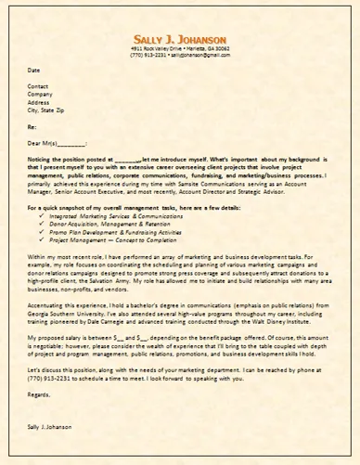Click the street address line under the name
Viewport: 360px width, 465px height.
pyautogui.click(x=178, y=47)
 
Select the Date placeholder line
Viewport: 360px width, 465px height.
pyautogui.click(x=34, y=70)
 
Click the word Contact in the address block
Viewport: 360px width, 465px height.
pyautogui.click(x=38, y=85)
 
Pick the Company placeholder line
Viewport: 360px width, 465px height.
pyautogui.click(x=40, y=94)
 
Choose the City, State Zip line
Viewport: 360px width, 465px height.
pyautogui.click(x=46, y=110)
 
